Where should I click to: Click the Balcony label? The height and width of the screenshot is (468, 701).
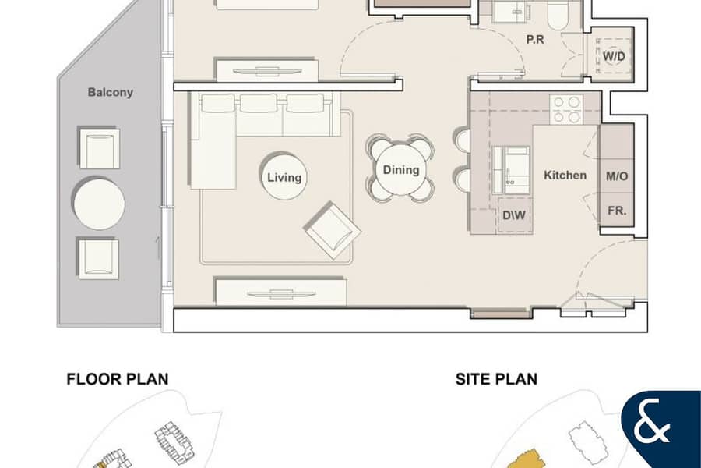(110, 92)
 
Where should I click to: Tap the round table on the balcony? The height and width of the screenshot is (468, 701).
(99, 204)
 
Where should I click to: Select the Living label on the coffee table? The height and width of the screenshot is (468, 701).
(284, 177)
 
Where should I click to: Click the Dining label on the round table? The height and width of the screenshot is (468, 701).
(401, 170)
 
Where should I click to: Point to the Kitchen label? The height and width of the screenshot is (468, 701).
(565, 175)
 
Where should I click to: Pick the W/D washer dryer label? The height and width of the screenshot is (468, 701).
(614, 56)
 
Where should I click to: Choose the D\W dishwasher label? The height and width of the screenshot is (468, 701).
(514, 215)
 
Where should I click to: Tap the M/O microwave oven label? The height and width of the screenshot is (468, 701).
(617, 176)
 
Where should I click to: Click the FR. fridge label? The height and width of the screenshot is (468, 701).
(617, 211)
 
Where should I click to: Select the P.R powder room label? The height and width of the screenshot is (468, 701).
(535, 40)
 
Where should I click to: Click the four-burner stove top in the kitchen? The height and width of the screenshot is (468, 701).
(566, 109)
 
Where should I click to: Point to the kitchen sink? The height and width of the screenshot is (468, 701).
(512, 170)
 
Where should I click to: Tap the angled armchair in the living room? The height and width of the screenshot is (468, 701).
(333, 230)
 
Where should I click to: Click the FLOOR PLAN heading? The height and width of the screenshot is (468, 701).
(118, 379)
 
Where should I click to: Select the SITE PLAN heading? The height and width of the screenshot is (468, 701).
(496, 379)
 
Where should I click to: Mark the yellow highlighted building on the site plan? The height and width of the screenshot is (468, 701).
(524, 459)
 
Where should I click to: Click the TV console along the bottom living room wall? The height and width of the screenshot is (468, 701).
(280, 292)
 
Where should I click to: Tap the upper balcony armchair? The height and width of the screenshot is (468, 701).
(99, 148)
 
